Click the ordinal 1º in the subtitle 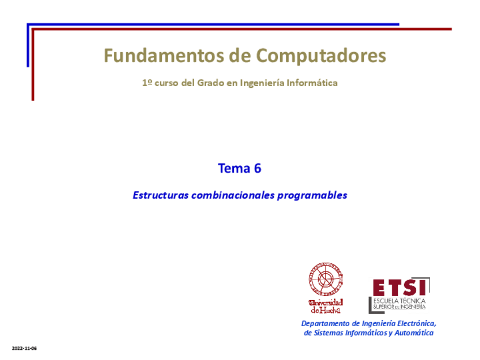point(147,83)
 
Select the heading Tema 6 point(239,168)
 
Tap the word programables point(312,195)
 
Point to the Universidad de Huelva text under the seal point(325,306)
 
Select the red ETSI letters point(399,287)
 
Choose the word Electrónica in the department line point(417,323)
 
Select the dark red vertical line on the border point(33,65)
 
